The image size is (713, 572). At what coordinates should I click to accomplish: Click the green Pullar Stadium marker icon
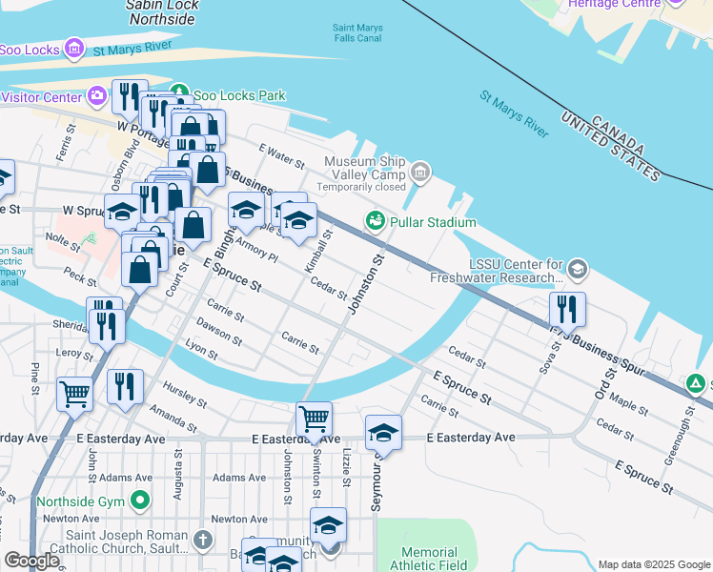pyautogui.click(x=376, y=222)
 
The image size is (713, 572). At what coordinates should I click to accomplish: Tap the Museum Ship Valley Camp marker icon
pyautogui.click(x=420, y=173)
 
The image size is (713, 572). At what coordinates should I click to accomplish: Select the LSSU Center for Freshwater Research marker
pyautogui.click(x=577, y=271)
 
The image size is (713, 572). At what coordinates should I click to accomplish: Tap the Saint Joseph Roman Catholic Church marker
pyautogui.click(x=202, y=541)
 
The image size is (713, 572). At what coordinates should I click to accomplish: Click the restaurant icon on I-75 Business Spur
pyautogui.click(x=567, y=309)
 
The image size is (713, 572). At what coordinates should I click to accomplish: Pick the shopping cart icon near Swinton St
pyautogui.click(x=314, y=419)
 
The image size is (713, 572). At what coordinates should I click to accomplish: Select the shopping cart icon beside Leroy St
pyautogui.click(x=74, y=392)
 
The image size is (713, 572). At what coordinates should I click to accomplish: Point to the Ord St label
pyautogui.click(x=601, y=381)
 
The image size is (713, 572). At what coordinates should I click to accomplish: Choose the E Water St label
pyautogui.click(x=281, y=153)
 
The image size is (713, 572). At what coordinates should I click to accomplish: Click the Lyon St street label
pyautogui.click(x=202, y=351)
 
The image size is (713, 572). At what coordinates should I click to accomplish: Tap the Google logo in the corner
pyautogui.click(x=31, y=561)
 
